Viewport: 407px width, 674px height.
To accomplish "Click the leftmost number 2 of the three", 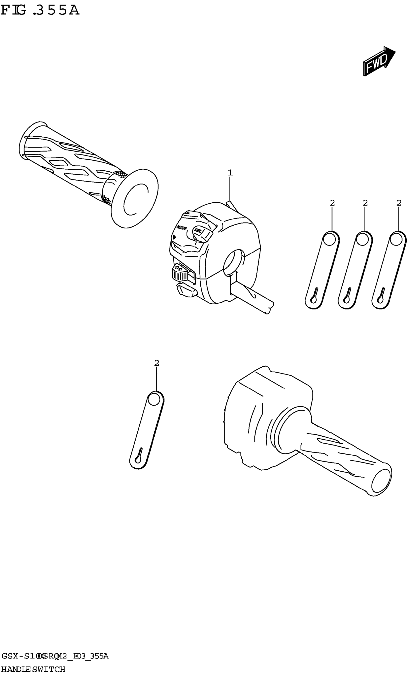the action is [x=332, y=203].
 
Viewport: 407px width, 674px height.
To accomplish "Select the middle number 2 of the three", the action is [x=365, y=203].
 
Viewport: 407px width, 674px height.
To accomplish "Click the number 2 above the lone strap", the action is [x=156, y=363].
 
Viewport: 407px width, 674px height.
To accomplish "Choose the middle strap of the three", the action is [x=355, y=270].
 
